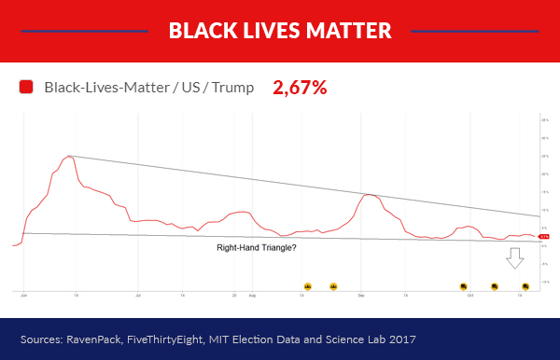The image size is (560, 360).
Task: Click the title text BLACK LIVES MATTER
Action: (x=280, y=30)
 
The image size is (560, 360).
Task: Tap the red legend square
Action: (x=26, y=88)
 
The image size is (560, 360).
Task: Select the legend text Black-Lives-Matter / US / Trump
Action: (x=148, y=88)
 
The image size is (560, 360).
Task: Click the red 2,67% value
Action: (x=300, y=88)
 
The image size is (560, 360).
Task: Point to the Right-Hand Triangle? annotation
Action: (x=256, y=248)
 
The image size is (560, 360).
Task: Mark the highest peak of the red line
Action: (x=68, y=156)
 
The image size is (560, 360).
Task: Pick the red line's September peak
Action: (x=369, y=194)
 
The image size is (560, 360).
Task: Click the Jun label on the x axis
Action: (x=24, y=295)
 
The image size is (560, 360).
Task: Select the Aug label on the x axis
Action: (x=252, y=295)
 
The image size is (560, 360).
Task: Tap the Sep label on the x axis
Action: (x=361, y=295)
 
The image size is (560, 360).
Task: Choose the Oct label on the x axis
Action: (x=471, y=295)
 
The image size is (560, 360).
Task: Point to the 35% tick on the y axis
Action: (x=544, y=120)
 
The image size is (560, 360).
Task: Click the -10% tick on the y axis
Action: (x=544, y=282)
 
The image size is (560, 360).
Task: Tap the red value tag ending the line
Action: (x=544, y=237)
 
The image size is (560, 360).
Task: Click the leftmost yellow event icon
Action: (x=308, y=285)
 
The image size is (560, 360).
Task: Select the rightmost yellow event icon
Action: (x=525, y=285)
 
